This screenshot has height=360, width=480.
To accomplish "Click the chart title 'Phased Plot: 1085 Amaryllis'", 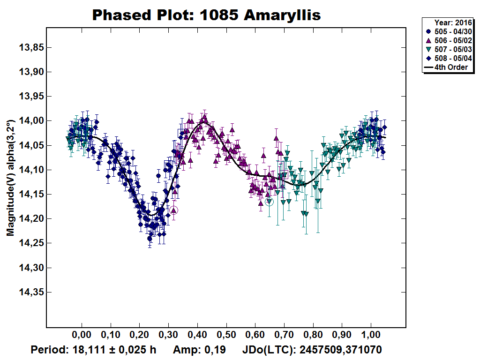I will click(206, 15).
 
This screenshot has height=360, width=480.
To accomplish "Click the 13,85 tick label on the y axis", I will click(31, 48).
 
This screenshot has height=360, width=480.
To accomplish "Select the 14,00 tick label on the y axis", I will click(31, 121).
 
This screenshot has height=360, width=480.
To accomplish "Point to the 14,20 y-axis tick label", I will click(31, 219).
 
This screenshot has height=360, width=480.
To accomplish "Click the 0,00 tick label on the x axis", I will click(82, 336).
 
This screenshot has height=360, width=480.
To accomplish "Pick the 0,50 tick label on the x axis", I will click(226, 336).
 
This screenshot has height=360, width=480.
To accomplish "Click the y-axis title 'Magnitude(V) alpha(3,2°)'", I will click(10, 178).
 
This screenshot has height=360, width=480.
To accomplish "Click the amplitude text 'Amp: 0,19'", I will click(199, 350).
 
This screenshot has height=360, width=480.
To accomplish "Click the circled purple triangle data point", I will click(174, 210).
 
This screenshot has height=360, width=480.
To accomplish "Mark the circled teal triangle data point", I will click(269, 202).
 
